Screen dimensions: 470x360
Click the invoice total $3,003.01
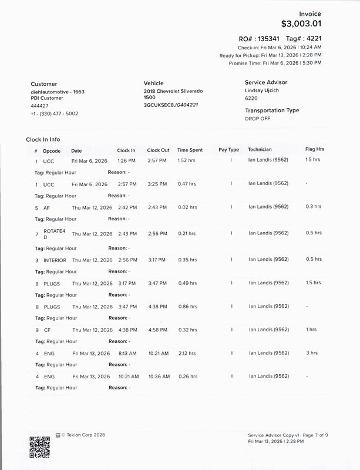(302, 24)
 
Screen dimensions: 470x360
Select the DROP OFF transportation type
(257, 118)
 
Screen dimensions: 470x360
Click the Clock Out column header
(158, 150)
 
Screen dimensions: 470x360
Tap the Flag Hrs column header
(314, 149)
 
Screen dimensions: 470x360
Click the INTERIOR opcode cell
(55, 259)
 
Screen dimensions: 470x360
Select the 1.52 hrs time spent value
(186, 160)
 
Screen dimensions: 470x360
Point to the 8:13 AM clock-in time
(126, 353)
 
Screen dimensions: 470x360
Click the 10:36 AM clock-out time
(158, 376)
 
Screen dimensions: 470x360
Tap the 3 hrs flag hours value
(312, 353)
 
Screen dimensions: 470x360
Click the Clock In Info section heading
(43, 140)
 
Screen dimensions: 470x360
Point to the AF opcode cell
(46, 207)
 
